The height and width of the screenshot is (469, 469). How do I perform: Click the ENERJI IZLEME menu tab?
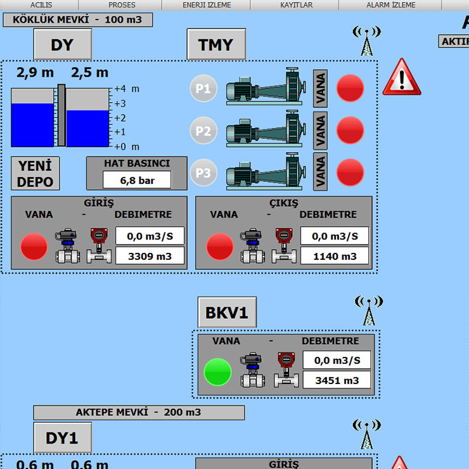(207, 5)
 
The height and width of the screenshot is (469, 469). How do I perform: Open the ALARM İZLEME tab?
(390, 5)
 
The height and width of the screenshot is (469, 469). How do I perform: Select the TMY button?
(216, 44)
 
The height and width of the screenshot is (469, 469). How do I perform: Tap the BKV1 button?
(227, 312)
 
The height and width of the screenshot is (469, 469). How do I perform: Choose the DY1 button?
(62, 437)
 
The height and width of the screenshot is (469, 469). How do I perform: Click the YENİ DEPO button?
(35, 174)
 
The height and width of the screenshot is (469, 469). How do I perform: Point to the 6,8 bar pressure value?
(137, 181)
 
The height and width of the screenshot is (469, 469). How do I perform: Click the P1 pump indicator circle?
(203, 88)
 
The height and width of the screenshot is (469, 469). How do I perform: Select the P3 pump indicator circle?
(203, 172)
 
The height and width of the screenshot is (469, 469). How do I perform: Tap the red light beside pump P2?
(350, 131)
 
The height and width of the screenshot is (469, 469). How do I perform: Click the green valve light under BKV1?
(217, 372)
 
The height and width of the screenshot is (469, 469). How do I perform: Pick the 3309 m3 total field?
(150, 256)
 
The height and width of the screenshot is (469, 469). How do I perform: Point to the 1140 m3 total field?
(335, 256)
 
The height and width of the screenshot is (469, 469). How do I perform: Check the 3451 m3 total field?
(337, 380)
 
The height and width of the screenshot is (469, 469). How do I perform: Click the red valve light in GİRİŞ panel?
(34, 247)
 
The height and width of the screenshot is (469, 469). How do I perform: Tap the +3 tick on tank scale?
(120, 103)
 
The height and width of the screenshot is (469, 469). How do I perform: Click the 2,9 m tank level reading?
(35, 73)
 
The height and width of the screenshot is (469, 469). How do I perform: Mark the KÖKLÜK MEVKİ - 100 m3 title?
(77, 20)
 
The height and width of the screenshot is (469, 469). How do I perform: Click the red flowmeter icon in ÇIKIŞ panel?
(284, 246)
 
